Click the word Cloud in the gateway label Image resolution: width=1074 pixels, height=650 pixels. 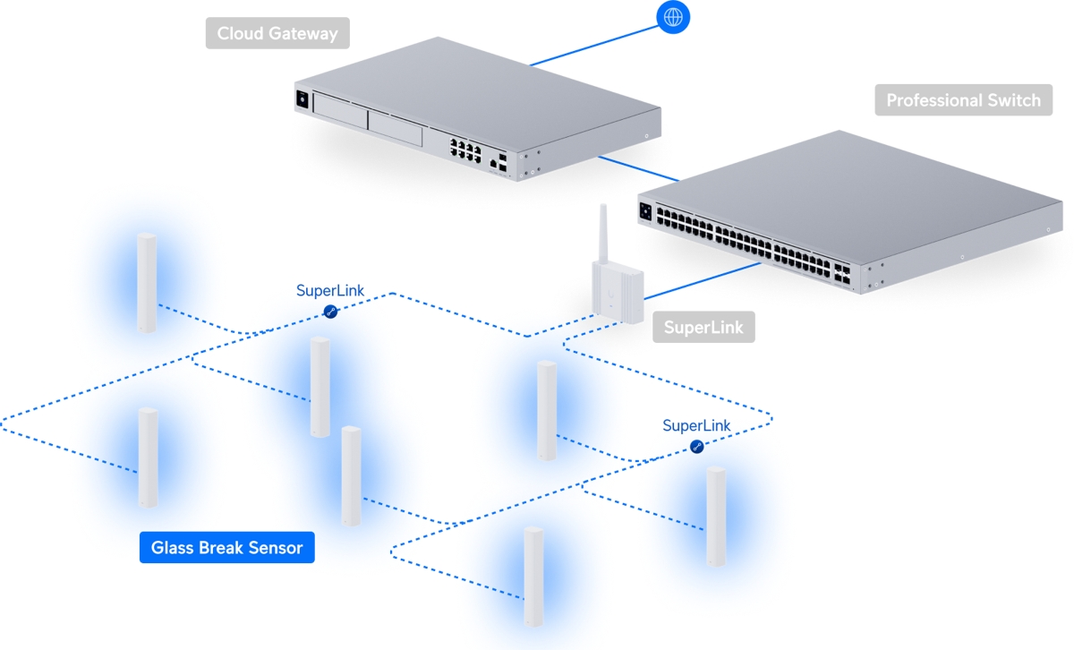(x=241, y=34)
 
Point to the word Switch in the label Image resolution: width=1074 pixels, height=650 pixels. (x=1017, y=100)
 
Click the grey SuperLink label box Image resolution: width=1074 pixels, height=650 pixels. (x=703, y=328)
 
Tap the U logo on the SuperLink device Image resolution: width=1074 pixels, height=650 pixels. (x=609, y=291)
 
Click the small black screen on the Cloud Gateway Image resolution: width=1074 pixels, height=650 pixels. (x=302, y=99)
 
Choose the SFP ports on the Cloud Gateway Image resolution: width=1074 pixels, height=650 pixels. (x=503, y=162)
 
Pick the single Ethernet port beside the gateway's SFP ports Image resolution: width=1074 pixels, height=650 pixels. (x=492, y=164)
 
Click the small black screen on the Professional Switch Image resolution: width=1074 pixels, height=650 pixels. (x=646, y=211)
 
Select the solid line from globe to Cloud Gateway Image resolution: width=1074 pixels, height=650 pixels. (x=593, y=45)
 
